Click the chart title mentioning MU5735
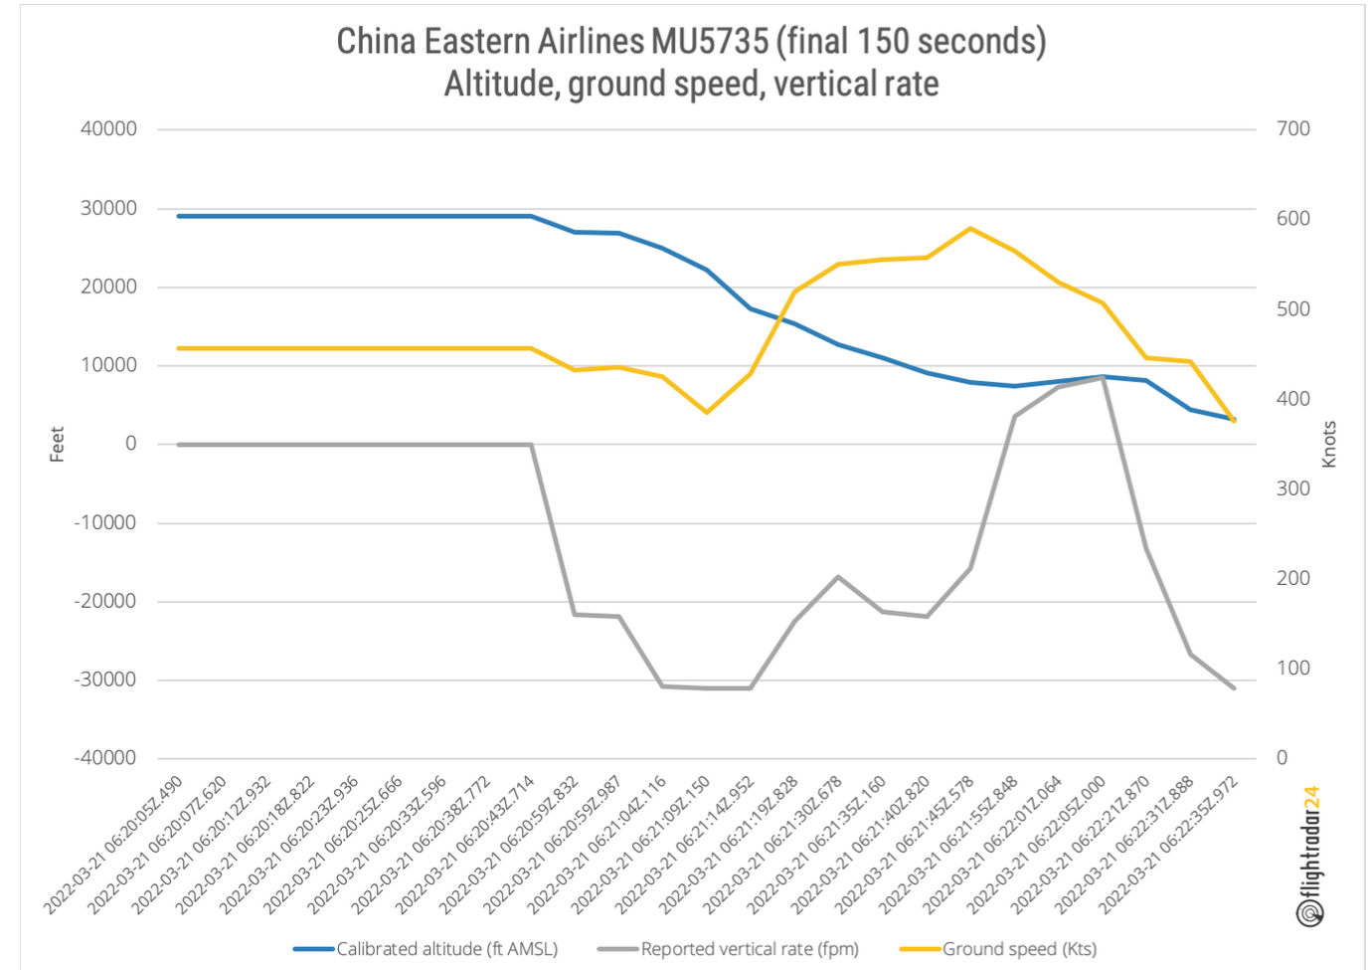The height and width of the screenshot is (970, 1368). [x=691, y=42]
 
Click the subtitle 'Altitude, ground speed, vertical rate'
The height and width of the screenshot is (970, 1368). [x=691, y=85]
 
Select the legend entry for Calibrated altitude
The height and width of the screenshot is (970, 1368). [x=427, y=949]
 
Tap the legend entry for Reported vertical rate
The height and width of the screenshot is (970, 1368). [x=731, y=949]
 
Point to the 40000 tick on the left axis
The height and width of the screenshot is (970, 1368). [x=108, y=128]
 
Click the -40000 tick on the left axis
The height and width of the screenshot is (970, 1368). [x=105, y=758]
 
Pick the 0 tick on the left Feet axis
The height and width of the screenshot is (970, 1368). [x=130, y=444]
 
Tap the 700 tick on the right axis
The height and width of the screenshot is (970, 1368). [x=1292, y=128]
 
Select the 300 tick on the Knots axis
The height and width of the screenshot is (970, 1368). [x=1292, y=488]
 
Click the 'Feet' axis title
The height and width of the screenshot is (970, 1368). [x=57, y=444]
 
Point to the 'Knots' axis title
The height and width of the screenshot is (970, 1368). [x=1329, y=444]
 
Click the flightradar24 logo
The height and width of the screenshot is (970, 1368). [x=1311, y=856]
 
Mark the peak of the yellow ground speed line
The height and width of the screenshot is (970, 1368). [x=970, y=229]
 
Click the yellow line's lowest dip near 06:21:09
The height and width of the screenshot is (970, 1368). [x=707, y=412]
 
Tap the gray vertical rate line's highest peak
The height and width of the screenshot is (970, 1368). [x=1103, y=378]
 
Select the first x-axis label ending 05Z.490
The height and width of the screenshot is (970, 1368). [x=113, y=846]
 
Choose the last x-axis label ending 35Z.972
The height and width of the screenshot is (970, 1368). [x=1168, y=846]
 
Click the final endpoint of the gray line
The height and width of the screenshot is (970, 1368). [x=1234, y=688]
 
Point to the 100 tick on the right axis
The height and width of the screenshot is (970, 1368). [x=1292, y=669]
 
